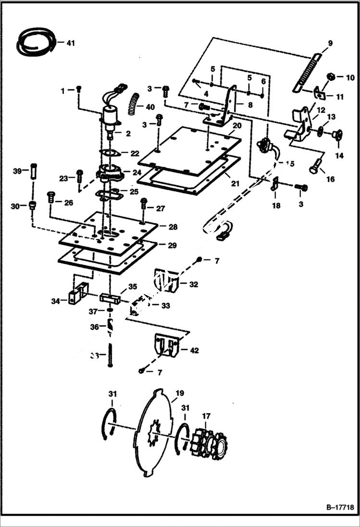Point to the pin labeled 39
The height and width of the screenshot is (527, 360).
click(33, 171)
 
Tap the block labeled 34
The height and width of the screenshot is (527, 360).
click(78, 294)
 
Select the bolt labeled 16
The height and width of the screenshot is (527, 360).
click(313, 169)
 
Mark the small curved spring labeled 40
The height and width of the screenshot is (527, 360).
click(134, 104)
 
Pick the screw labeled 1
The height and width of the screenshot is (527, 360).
click(79, 89)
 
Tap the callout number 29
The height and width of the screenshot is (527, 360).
click(172, 245)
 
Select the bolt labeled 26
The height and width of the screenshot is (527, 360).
click(50, 197)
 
